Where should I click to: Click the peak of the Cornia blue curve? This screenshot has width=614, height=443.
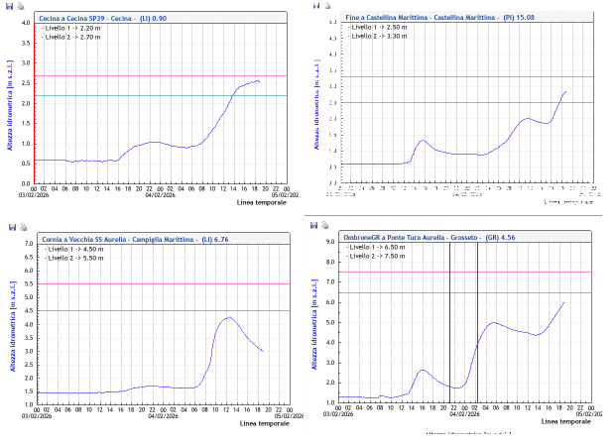point(229,317)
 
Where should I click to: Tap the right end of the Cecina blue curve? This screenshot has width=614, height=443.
point(259,80)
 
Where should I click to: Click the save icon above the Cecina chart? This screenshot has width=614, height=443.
point(9,6)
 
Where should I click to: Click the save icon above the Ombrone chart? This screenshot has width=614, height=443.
point(313,226)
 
